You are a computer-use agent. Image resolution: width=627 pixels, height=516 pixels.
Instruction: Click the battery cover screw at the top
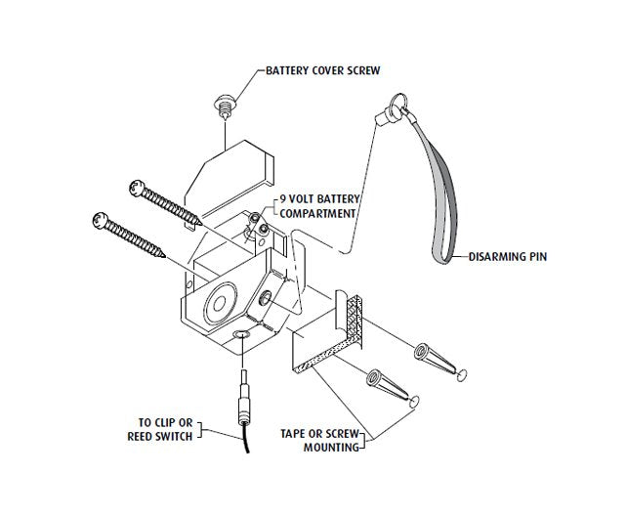pyautogui.click(x=224, y=103)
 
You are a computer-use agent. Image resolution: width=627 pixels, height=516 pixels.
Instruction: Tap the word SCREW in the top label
pyautogui.click(x=357, y=71)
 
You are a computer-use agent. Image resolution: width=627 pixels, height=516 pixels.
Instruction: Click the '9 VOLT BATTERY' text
pyautogui.click(x=319, y=199)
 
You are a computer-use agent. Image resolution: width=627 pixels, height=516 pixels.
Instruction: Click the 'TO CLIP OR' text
pyautogui.click(x=166, y=423)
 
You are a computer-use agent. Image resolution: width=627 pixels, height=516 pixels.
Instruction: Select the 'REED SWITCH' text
pyautogui.click(x=161, y=437)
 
